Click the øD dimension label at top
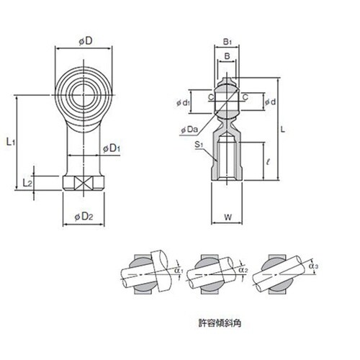tap(86, 41)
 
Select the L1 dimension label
tap(11, 142)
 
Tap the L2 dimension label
tap(27, 183)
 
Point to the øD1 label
tap(112, 148)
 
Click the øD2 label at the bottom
tap(84, 217)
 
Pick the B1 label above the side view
tap(228, 42)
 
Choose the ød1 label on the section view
tap(184, 103)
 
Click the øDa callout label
tap(189, 130)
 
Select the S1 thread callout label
tap(199, 145)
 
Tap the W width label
tap(228, 217)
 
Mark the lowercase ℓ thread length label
tap(269, 162)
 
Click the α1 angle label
tap(179, 271)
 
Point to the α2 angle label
tap(243, 270)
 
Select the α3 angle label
tap(314, 266)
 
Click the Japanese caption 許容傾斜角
tap(220, 323)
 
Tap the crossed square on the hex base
tap(84, 184)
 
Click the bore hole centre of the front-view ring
tap(84, 95)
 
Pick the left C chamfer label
tap(211, 97)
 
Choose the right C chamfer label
tap(245, 97)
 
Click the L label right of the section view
tap(283, 130)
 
